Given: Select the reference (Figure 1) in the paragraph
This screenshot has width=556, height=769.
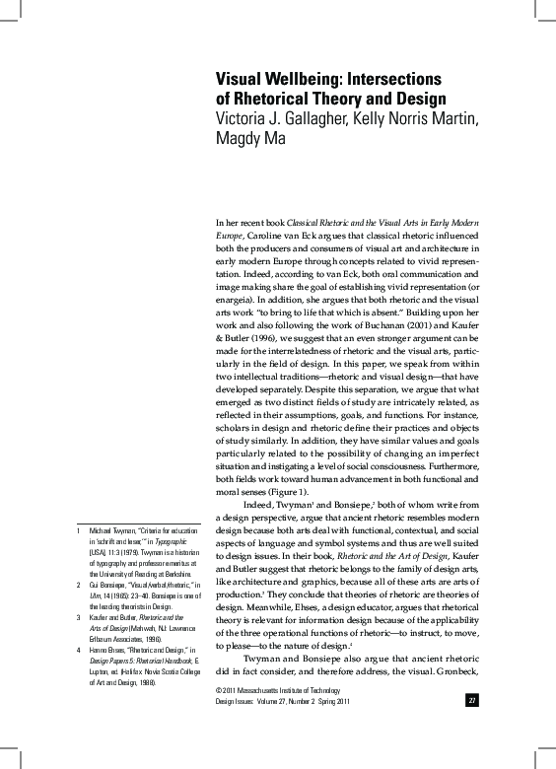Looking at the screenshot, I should (x=285, y=492).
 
